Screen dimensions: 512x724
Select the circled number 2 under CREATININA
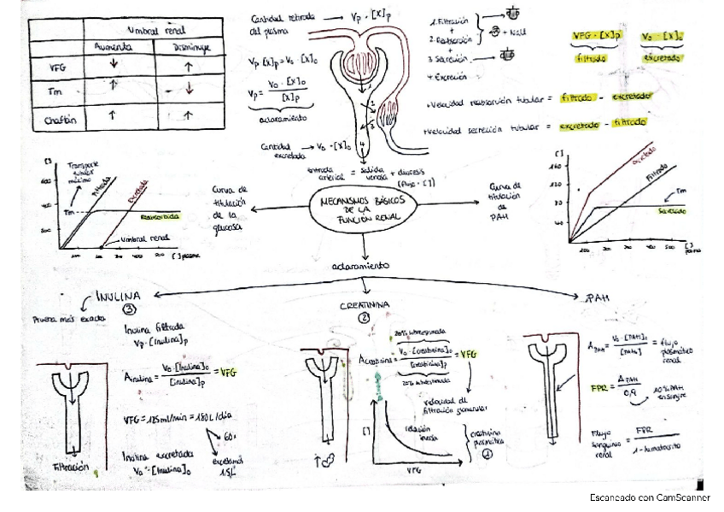tap(363, 318)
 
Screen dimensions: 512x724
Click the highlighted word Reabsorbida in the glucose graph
tap(161, 216)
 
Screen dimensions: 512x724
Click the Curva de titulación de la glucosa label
tap(229, 209)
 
